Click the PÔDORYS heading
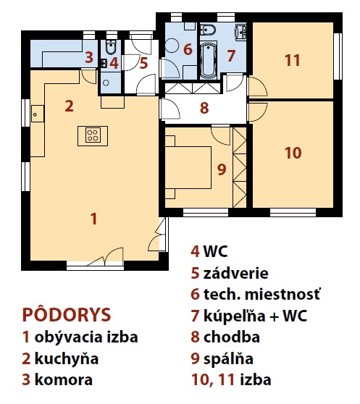pyautogui.click(x=67, y=315)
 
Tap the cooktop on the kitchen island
pyautogui.click(x=93, y=135)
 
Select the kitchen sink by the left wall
pyautogui.click(x=38, y=114)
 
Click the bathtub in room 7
pyautogui.click(x=208, y=61)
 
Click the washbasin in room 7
pyautogui.click(x=240, y=32)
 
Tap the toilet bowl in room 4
pyautogui.click(x=111, y=47)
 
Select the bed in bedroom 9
pyautogui.click(x=188, y=167)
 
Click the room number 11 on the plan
pyautogui.click(x=293, y=60)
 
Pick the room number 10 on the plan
pyautogui.click(x=293, y=153)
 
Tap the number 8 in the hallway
pyautogui.click(x=204, y=108)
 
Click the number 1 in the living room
pyautogui.click(x=93, y=219)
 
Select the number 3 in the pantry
pyautogui.click(x=89, y=57)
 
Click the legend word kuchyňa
pyautogui.click(x=67, y=359)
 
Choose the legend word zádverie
pyautogui.click(x=236, y=274)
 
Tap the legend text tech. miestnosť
pyautogui.click(x=261, y=294)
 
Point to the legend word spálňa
pyautogui.click(x=228, y=359)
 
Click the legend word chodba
pyautogui.click(x=231, y=337)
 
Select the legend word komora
pyautogui.click(x=64, y=380)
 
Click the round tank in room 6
pyautogui.click(x=172, y=46)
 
